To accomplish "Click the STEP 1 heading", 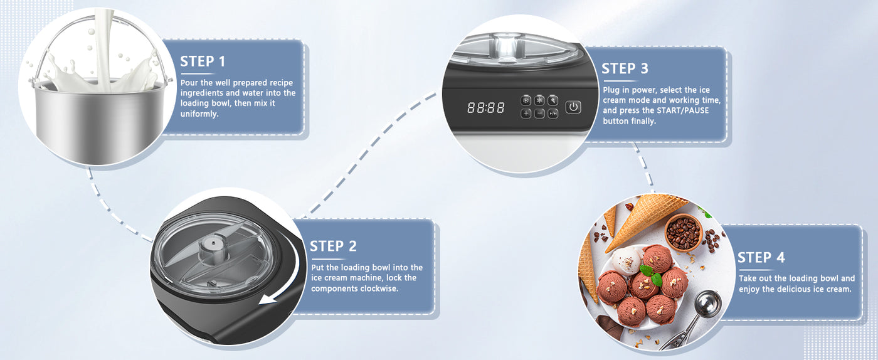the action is coord(203,61).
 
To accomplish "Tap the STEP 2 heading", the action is coord(333,246).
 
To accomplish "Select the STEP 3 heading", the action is coord(625,68).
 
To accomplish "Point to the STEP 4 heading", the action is coord(761,258).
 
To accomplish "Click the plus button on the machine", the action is coord(526,114).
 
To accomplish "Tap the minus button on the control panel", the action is coord(539,114).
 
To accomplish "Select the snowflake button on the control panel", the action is coord(526,100).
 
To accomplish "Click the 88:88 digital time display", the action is coord(486,107).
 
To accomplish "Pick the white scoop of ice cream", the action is coord(627,260).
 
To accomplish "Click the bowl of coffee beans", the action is coord(683,232).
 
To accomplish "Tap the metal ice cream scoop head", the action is coord(707,304).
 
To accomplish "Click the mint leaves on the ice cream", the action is coord(652,275).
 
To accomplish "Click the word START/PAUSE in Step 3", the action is coord(683,110).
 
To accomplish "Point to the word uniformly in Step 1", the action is coord(199,114).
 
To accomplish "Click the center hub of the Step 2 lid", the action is coord(213,248).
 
